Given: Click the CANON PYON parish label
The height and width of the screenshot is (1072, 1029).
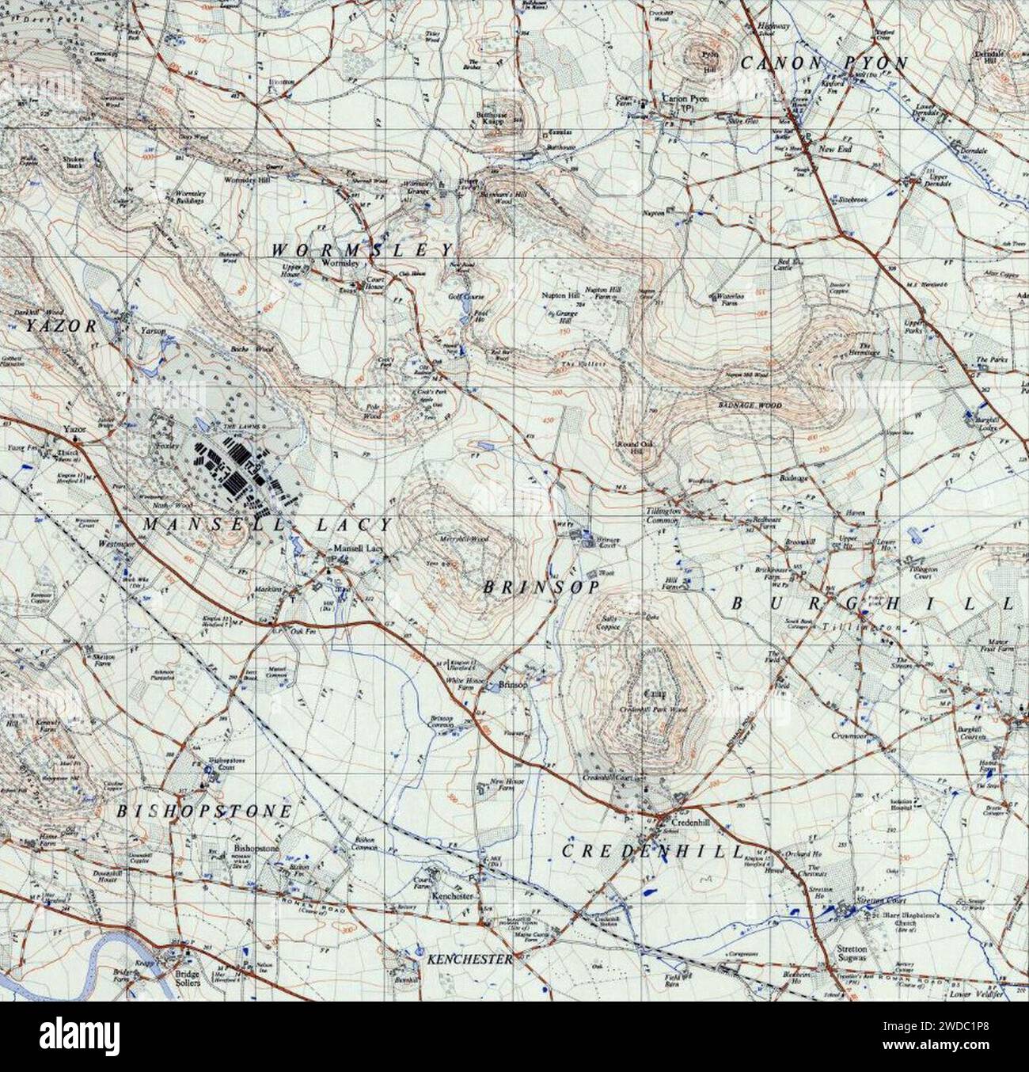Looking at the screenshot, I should click(824, 63).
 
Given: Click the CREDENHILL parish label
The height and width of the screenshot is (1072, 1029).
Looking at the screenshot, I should click(653, 851).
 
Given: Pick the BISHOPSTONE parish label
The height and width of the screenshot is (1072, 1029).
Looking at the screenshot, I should click(204, 812).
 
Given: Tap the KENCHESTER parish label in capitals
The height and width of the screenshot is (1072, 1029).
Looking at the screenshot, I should click(469, 959).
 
